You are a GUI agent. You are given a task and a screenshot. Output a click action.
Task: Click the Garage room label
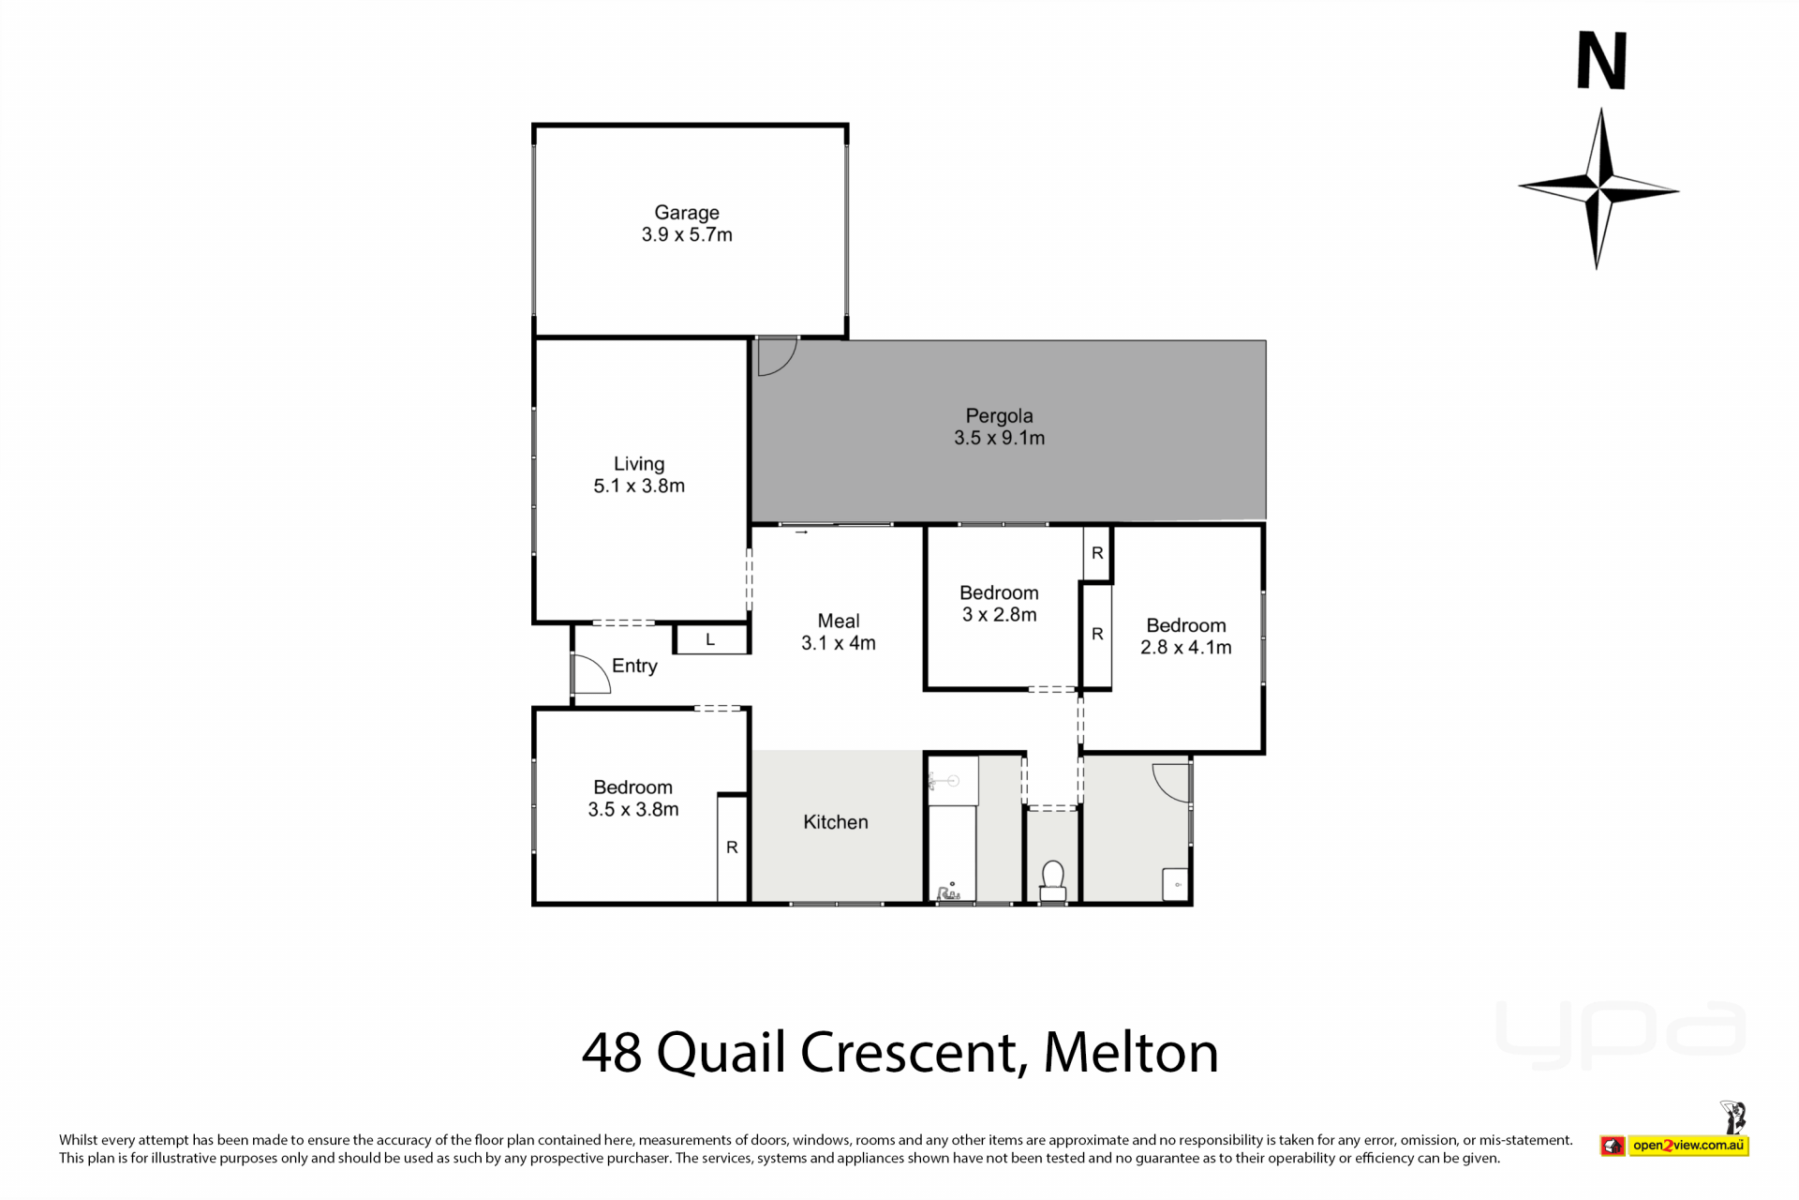click(687, 213)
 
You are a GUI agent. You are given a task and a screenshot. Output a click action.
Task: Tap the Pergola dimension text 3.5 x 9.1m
click(999, 438)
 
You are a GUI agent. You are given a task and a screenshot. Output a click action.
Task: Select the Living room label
click(639, 464)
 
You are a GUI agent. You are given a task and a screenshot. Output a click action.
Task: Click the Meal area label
click(838, 621)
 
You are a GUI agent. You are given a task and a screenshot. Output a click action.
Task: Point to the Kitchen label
click(836, 822)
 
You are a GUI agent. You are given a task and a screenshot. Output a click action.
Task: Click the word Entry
click(634, 666)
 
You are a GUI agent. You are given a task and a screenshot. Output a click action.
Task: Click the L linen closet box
click(711, 639)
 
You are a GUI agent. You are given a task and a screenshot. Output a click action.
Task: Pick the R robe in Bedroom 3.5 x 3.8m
click(732, 847)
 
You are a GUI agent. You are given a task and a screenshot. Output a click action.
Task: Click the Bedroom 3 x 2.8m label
click(999, 604)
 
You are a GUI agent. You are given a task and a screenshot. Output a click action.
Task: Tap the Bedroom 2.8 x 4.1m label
click(1186, 637)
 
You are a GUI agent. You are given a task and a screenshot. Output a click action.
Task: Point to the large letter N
click(1601, 61)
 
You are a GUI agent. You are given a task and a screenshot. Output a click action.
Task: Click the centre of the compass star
click(1598, 188)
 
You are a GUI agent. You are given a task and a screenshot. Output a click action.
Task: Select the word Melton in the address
click(1131, 1053)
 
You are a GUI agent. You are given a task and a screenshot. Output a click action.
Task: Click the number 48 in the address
click(612, 1053)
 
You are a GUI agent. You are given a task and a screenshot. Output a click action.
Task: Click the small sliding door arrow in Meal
click(801, 532)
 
